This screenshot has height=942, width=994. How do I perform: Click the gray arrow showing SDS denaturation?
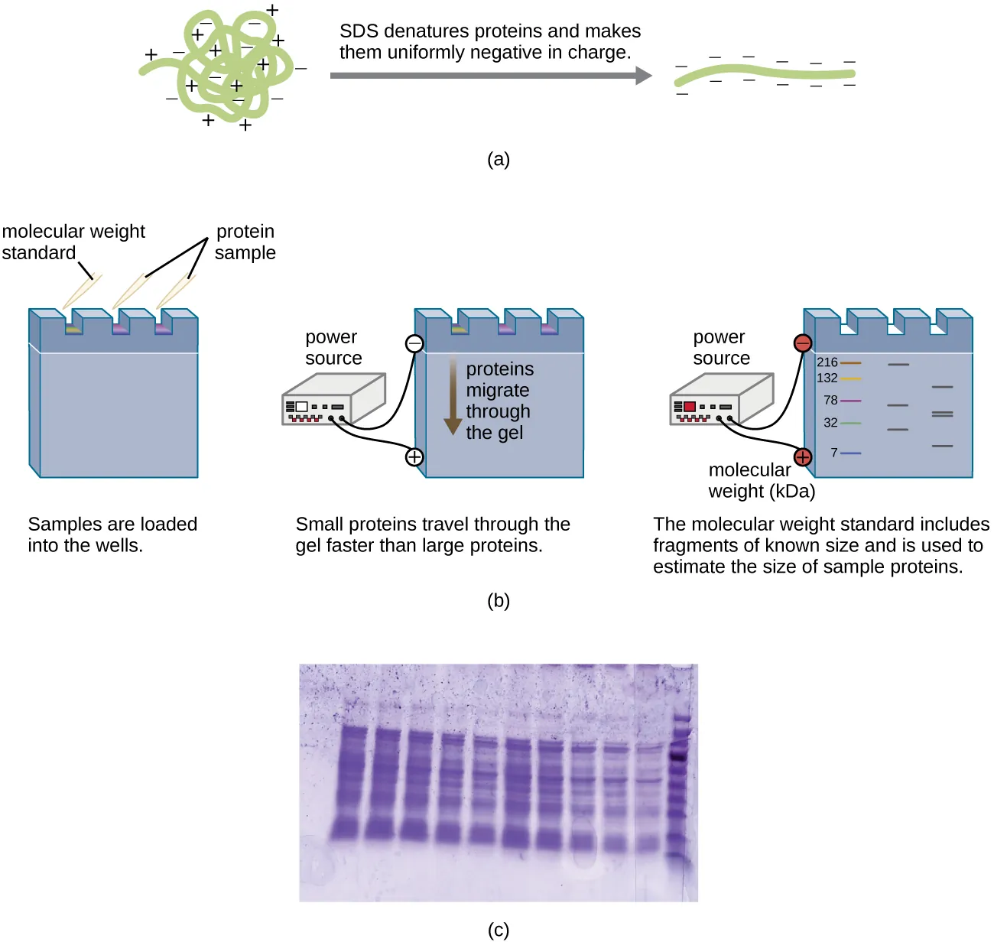click(x=489, y=76)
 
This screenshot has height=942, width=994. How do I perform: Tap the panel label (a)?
click(x=498, y=159)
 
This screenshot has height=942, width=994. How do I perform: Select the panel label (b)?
click(x=498, y=600)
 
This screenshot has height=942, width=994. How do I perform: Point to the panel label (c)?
click(x=498, y=930)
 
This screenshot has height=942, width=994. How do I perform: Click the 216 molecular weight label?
click(x=827, y=362)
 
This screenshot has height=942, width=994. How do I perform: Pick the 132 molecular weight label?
click(x=827, y=378)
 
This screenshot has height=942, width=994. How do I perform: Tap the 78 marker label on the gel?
click(x=831, y=400)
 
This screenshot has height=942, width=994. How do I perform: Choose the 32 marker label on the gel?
click(x=831, y=422)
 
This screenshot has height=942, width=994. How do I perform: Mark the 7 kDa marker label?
click(x=834, y=453)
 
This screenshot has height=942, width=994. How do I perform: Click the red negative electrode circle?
click(x=803, y=343)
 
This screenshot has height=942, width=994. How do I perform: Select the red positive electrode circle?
click(x=803, y=457)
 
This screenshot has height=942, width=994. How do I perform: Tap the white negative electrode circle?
click(x=414, y=343)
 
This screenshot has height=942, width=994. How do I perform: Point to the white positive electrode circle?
click(x=414, y=457)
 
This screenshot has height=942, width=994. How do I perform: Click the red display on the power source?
click(x=690, y=407)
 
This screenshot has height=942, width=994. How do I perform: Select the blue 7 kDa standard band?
click(x=851, y=453)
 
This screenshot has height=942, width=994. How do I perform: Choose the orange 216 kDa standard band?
click(x=851, y=362)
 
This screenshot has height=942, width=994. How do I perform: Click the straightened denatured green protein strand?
click(x=765, y=74)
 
